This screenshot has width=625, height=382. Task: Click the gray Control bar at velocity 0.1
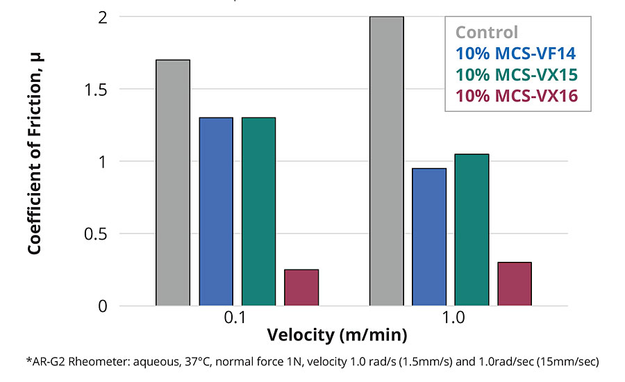[173, 183]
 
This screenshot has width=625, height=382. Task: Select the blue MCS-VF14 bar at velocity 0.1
[216, 212]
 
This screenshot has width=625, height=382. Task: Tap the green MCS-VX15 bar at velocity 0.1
[258, 212]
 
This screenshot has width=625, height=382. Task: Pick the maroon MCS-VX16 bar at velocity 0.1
[301, 288]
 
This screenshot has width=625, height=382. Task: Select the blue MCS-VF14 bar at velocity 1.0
[429, 237]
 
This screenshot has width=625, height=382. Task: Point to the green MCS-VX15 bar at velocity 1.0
[472, 230]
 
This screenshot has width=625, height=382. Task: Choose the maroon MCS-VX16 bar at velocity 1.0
[515, 284]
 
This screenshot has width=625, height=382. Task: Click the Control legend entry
[487, 32]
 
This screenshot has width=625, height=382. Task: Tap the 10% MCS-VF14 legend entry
[516, 53]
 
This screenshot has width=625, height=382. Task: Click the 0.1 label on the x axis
[237, 319]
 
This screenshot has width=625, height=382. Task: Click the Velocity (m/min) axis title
[337, 335]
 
